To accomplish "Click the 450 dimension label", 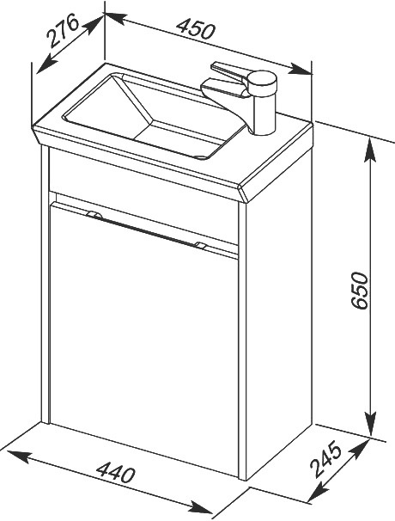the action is (x=196, y=29).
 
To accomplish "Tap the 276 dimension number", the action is (x=63, y=30).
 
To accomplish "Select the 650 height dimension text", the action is (x=360, y=291).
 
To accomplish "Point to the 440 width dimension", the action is (x=116, y=472).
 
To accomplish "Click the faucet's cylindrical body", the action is (x=264, y=102).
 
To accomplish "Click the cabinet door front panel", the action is (x=143, y=335).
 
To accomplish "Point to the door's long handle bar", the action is (x=146, y=230).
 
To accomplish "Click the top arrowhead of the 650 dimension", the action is (x=370, y=150).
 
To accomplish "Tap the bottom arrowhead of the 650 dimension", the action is (x=370, y=423).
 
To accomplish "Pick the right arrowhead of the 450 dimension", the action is (x=301, y=69).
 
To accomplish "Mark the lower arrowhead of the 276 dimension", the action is (x=46, y=64).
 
